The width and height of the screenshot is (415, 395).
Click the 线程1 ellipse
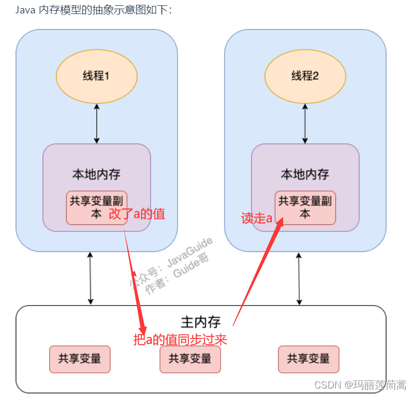96,76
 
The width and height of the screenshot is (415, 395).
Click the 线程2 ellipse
305,76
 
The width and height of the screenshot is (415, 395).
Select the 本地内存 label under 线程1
96,174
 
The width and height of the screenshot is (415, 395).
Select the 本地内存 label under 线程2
305,174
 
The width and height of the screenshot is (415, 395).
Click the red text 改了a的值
137,214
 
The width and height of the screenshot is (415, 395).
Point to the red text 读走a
257,218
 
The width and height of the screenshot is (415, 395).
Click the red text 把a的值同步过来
180,340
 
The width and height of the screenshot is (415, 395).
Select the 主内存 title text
201,322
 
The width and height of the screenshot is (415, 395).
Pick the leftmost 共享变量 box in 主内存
80,359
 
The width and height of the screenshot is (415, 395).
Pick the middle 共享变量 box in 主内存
189,359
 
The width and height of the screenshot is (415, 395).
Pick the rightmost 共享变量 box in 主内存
308,359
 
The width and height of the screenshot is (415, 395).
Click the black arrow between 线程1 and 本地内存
96,124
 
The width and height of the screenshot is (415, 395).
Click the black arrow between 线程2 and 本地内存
305,124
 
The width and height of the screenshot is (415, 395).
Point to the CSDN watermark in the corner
360,385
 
